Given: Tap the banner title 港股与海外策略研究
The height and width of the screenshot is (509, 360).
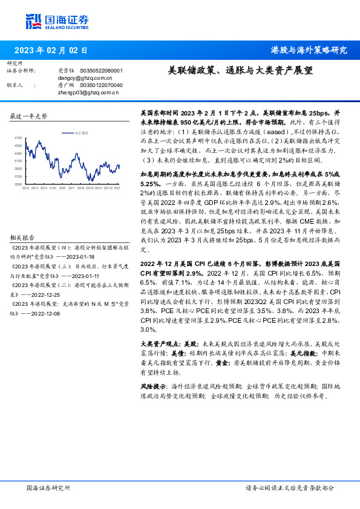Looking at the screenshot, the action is (309, 50).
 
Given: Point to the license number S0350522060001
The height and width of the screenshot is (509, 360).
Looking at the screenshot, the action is (101, 70).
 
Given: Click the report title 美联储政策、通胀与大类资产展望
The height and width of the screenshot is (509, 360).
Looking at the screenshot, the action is (240, 70).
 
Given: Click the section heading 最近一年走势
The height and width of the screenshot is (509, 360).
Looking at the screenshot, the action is (29, 115).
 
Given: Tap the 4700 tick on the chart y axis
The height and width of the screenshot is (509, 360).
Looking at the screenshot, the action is (18, 138).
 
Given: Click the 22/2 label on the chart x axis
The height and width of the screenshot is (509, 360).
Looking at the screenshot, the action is (25, 188).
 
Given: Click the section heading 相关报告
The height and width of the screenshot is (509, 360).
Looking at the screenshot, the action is (23, 238).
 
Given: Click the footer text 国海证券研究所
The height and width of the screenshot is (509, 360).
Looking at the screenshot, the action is (48, 488).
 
